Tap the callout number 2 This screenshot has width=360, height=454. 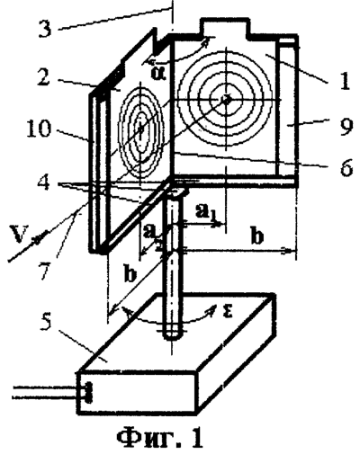[x=46, y=77]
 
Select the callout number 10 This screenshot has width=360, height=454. [x=39, y=129]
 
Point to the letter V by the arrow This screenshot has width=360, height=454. [x=17, y=234]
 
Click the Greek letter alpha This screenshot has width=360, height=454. [x=158, y=73]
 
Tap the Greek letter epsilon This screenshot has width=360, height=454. [x=228, y=312]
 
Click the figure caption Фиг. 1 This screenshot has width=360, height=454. [x=159, y=438]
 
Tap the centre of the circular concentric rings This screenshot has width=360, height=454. [x=226, y=99]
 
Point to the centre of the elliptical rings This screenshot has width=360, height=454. [x=140, y=129]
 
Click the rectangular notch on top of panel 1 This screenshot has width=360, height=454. [x=226, y=28]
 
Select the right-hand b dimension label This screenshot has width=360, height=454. [x=257, y=236]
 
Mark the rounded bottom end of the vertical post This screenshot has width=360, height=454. [x=172, y=334]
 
